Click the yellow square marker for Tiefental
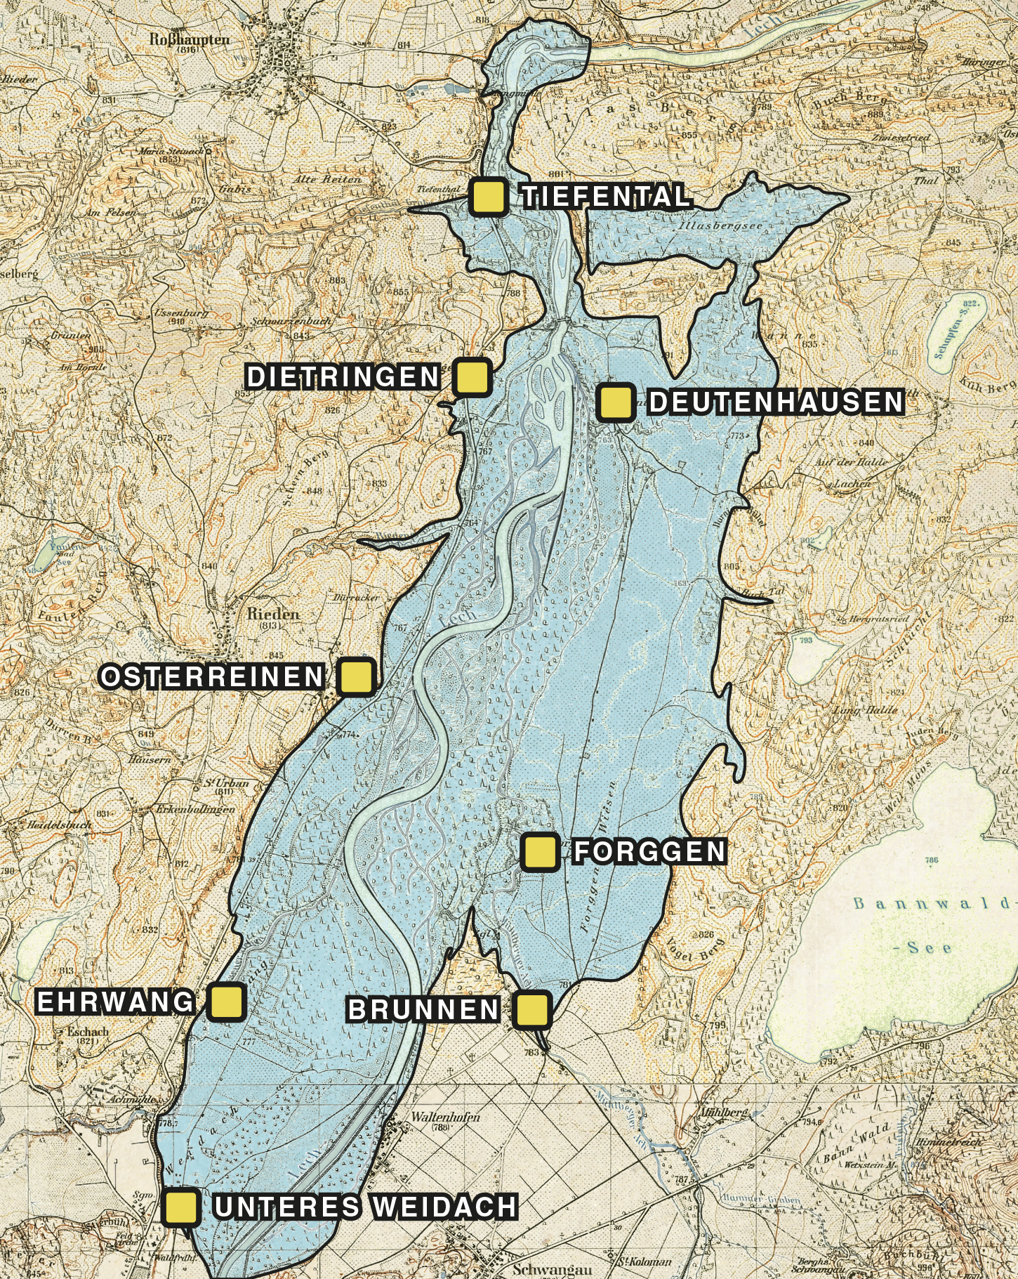point(489,197)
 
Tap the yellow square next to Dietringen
point(472,377)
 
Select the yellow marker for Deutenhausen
point(616,402)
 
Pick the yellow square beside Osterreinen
point(357,677)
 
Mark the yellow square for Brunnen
point(531,1009)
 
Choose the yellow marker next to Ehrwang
point(227,1002)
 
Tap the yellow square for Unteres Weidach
point(181,1207)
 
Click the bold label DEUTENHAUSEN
point(775,402)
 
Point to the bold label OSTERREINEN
point(213,677)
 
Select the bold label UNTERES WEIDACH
point(366,1207)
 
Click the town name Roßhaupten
point(189,39)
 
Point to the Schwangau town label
point(552,1269)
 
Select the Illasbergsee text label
point(720,226)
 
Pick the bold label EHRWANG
point(115,1002)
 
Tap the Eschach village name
point(87,1032)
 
